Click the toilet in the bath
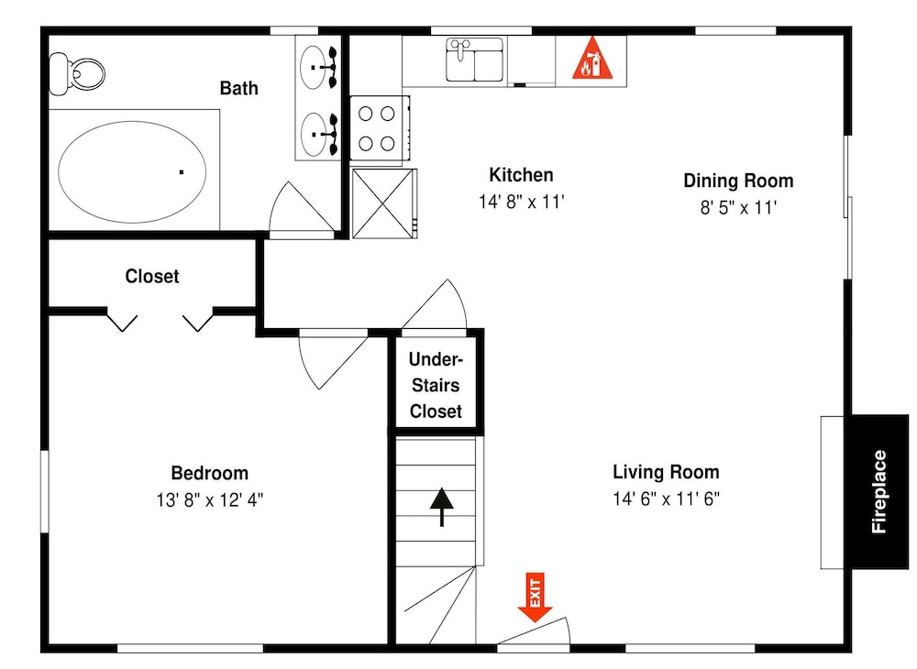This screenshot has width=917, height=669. pyautogui.click(x=76, y=73)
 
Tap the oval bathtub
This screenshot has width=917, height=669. pyautogui.click(x=132, y=171)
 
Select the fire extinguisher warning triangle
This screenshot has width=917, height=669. pyautogui.click(x=591, y=59)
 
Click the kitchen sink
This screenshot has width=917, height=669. pyautogui.click(x=474, y=60)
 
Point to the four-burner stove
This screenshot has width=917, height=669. pyautogui.click(x=379, y=128)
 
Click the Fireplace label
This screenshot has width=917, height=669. pyautogui.click(x=879, y=491)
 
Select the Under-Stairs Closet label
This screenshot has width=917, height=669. pyautogui.click(x=436, y=385)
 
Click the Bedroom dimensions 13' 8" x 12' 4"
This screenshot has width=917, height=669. pyautogui.click(x=210, y=500)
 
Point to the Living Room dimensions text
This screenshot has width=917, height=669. pyautogui.click(x=666, y=499)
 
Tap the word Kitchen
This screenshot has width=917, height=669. pyautogui.click(x=521, y=175)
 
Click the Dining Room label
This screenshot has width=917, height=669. pyautogui.click(x=738, y=181)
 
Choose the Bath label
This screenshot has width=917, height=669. pyautogui.click(x=238, y=88)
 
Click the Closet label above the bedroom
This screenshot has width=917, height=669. pyautogui.click(x=152, y=277)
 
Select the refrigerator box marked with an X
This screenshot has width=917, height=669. pyautogui.click(x=383, y=203)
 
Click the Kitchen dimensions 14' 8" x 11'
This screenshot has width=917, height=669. pyautogui.click(x=521, y=203)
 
